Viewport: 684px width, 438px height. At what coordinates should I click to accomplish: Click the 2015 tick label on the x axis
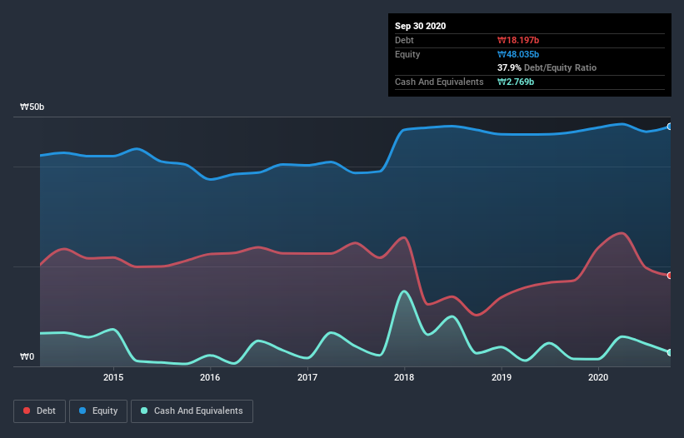coord(113,377)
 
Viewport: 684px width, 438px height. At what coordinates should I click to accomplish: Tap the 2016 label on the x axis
coord(210,377)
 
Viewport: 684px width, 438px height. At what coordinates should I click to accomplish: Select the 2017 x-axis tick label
coord(307,377)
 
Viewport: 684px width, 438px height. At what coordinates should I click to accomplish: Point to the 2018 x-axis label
coord(404,377)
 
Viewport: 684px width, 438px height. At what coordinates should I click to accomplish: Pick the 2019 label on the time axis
coord(502,377)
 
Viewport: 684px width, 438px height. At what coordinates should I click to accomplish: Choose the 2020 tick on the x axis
coord(598,377)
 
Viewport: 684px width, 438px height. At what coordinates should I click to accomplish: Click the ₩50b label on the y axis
coord(32,107)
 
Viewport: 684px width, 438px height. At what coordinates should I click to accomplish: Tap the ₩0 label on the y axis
coord(27,357)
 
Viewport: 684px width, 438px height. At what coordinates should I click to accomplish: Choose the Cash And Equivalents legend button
coord(192,411)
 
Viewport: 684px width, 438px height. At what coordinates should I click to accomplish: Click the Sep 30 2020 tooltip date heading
coord(421,26)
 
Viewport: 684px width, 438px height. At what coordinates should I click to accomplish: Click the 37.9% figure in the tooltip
coord(509,67)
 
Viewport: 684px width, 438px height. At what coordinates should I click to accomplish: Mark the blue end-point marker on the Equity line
coord(669,127)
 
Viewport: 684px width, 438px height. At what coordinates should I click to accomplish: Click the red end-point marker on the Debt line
coord(669,276)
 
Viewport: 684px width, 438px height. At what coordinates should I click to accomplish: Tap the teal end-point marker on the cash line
coord(669,352)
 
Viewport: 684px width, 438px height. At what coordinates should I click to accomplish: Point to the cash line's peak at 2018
coord(404,291)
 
